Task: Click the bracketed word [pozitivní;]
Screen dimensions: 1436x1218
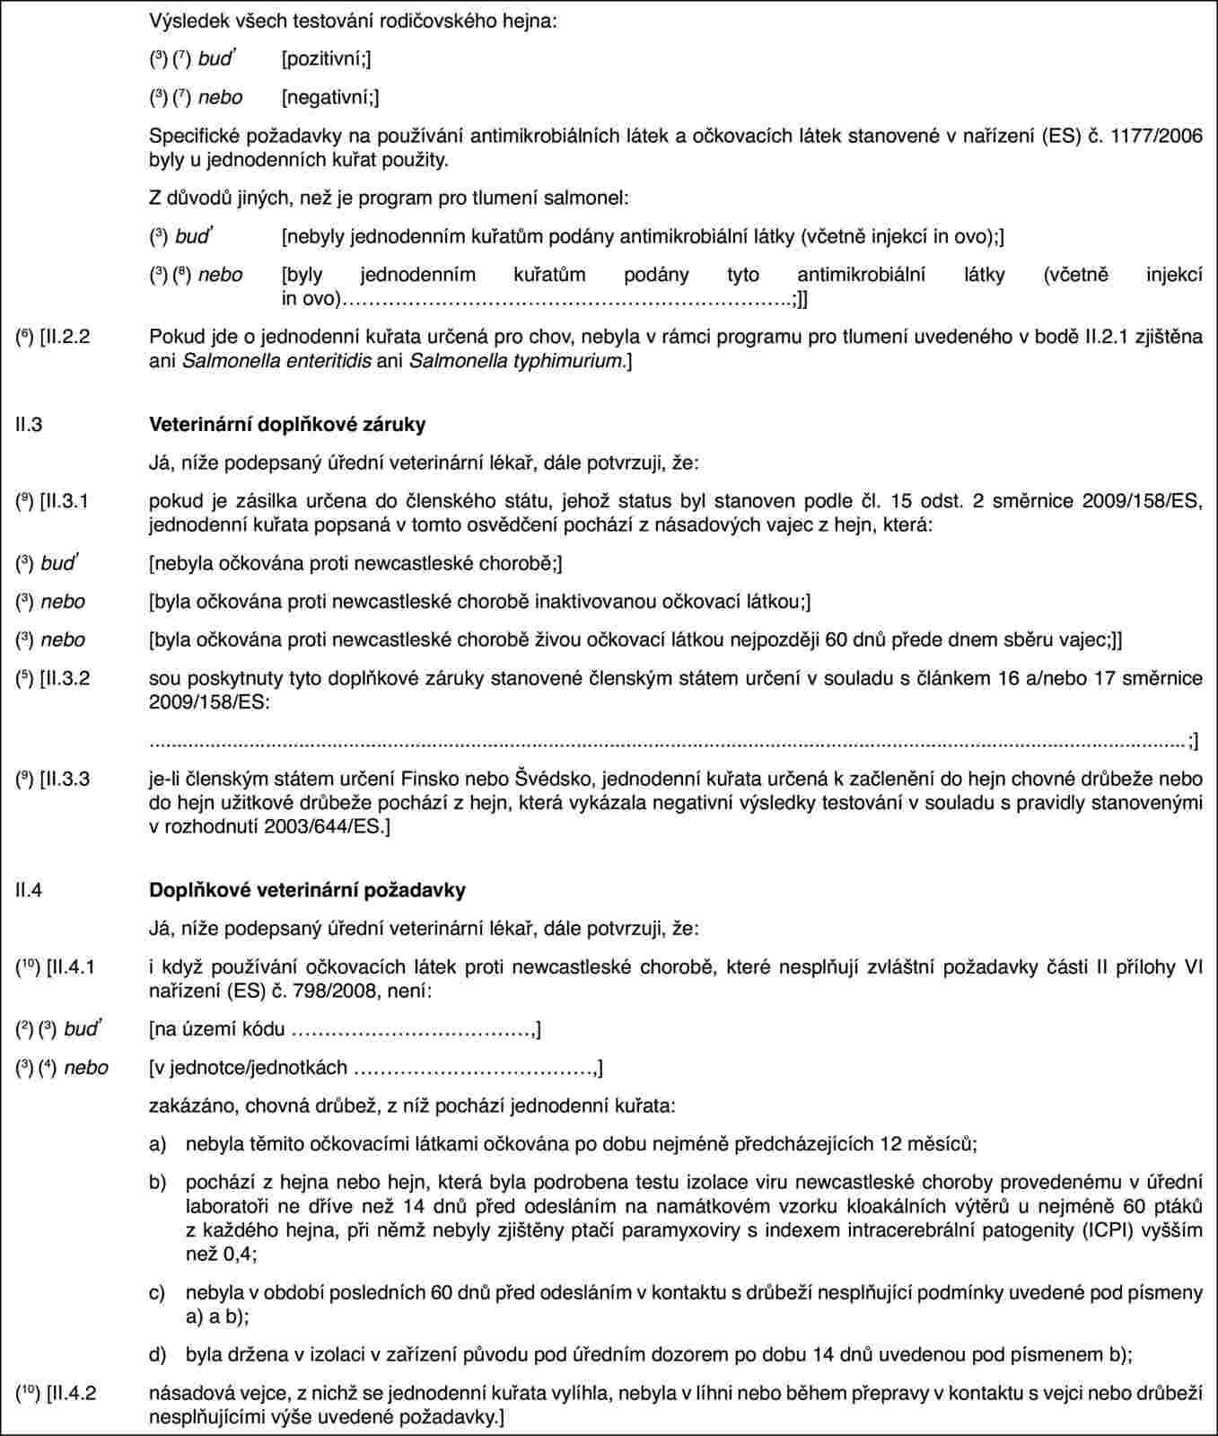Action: point(326,59)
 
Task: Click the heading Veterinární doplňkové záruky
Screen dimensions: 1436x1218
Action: point(287,424)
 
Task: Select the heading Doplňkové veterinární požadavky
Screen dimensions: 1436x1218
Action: point(307,890)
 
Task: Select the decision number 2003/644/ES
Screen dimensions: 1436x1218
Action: point(329,824)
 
